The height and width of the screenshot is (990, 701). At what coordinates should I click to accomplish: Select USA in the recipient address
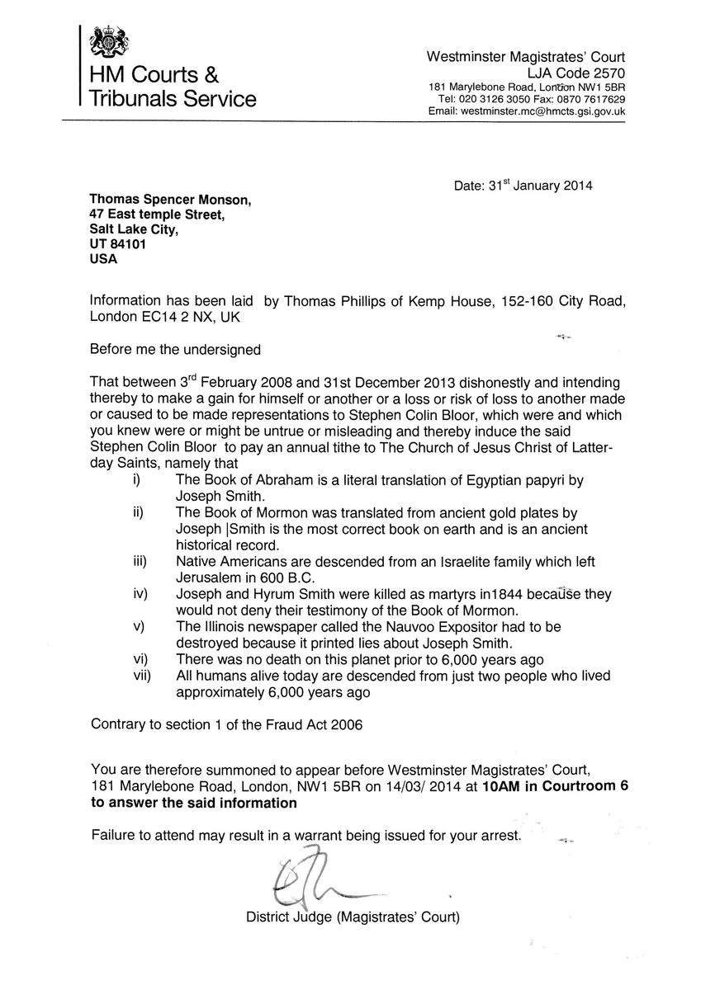pyautogui.click(x=103, y=259)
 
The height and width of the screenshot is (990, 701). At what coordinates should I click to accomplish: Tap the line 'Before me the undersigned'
pyautogui.click(x=175, y=349)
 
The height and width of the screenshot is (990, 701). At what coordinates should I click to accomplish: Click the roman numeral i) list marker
pyautogui.click(x=137, y=481)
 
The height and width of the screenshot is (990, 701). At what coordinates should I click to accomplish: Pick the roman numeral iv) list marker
pyautogui.click(x=138, y=595)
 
